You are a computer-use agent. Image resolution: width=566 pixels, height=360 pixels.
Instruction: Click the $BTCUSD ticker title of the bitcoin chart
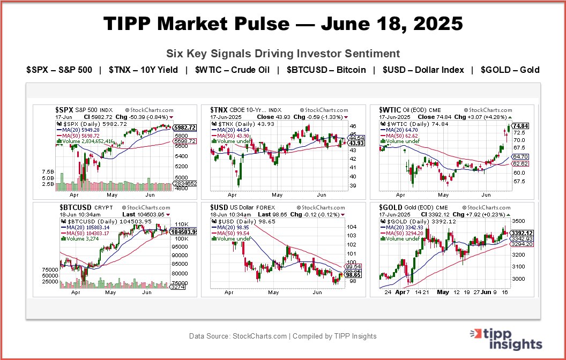coord(76,207)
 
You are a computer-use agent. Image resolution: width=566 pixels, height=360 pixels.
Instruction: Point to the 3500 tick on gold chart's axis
coord(519,221)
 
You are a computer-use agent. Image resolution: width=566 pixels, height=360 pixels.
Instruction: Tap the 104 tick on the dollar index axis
coord(352,227)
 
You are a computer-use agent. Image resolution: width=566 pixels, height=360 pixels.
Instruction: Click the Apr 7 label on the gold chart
coord(402,293)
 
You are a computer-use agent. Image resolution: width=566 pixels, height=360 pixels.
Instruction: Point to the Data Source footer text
coord(282,336)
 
